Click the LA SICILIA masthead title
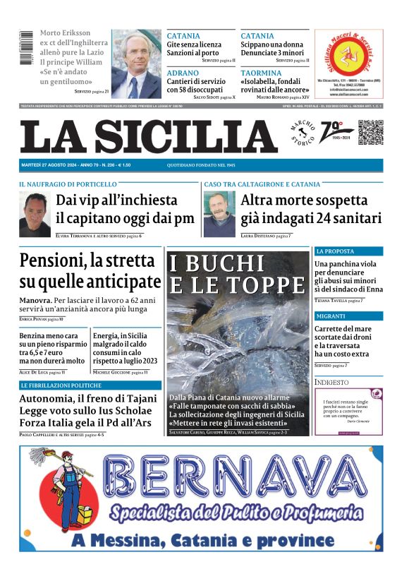(x=148, y=136)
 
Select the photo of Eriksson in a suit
(x=137, y=64)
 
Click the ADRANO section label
(x=183, y=73)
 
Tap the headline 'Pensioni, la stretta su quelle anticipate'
(x=90, y=270)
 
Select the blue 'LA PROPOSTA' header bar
(x=348, y=251)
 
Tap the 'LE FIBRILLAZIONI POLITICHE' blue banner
(x=90, y=385)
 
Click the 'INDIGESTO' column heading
(x=332, y=382)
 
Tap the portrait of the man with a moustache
(x=219, y=213)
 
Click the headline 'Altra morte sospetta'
(x=305, y=200)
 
